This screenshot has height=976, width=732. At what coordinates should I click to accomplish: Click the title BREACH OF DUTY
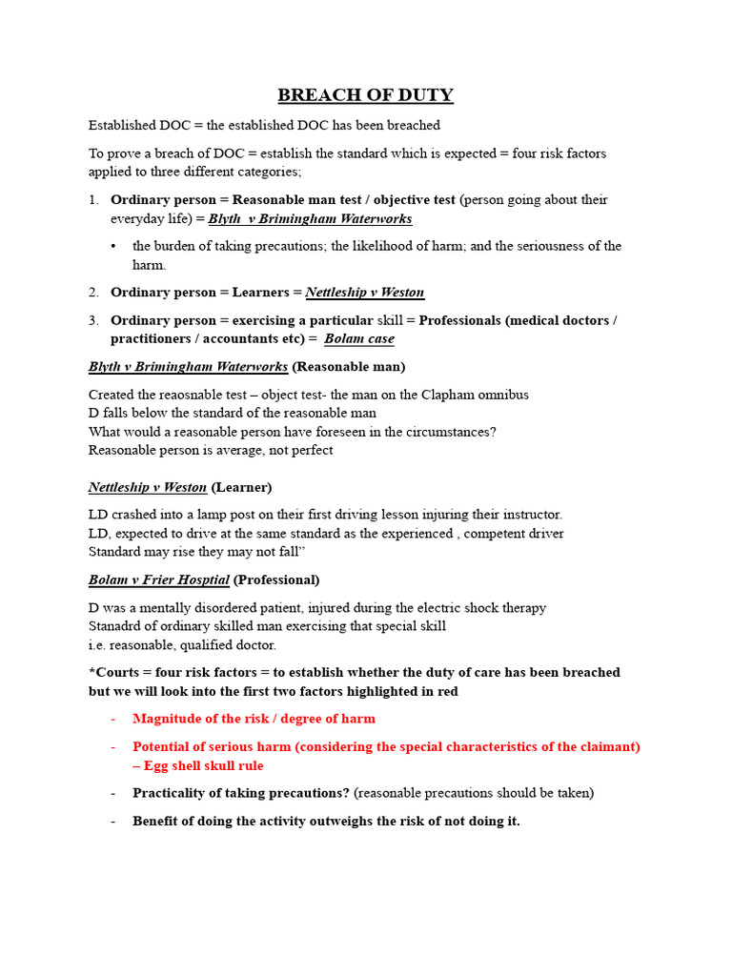[x=365, y=95]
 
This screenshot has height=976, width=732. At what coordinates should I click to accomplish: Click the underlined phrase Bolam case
[x=358, y=338]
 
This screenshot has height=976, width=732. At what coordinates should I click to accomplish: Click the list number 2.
[x=93, y=293]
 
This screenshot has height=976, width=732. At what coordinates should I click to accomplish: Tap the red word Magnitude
[x=165, y=719]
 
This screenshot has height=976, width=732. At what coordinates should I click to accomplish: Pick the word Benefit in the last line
[x=156, y=821]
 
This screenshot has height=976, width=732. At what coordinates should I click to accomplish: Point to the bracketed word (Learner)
[x=241, y=487]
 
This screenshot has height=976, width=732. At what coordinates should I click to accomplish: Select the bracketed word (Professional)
[x=276, y=579]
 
